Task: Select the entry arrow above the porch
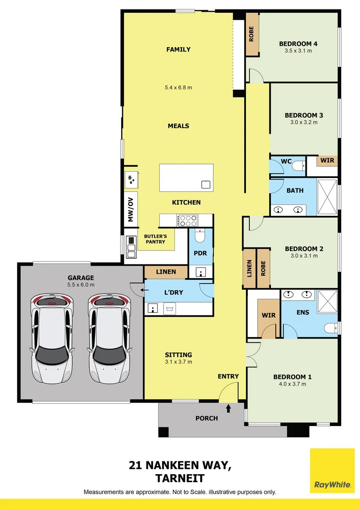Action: pyautogui.click(x=229, y=408)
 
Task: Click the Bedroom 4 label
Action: pyautogui.click(x=298, y=44)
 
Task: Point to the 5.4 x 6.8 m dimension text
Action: pyautogui.click(x=178, y=87)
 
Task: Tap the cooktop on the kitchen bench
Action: pyautogui.click(x=188, y=220)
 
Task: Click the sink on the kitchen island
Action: pyautogui.click(x=205, y=184)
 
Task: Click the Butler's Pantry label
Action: pyautogui.click(x=155, y=238)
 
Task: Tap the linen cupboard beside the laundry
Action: pyautogui.click(x=165, y=272)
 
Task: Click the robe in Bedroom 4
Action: pyautogui.click(x=252, y=34)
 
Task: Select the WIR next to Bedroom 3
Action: pyautogui.click(x=327, y=161)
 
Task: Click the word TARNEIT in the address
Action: pyautogui.click(x=180, y=478)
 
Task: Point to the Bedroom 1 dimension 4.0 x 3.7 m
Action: pyautogui.click(x=292, y=384)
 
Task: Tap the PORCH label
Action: pyautogui.click(x=206, y=418)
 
